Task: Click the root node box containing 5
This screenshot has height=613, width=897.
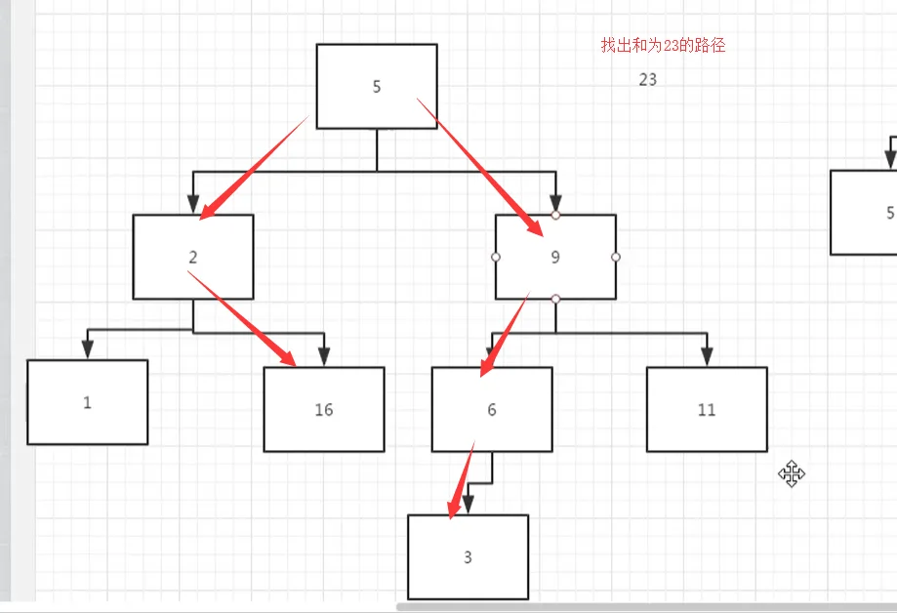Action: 377,87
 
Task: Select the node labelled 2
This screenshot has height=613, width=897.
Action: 193,257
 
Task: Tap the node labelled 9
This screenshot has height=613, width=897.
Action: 555,257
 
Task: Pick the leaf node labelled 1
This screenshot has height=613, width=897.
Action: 88,402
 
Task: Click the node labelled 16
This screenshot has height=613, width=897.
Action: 324,409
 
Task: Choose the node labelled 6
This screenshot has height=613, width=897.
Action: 492,409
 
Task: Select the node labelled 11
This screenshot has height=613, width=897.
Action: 707,409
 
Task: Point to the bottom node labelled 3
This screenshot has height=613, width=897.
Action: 468,557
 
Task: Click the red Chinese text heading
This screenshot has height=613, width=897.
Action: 663,45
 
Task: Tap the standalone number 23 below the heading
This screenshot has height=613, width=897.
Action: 647,80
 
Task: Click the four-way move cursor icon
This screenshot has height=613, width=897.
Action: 792,474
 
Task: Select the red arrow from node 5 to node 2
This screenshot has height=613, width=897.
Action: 254,168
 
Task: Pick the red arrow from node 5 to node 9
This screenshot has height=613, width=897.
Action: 480,167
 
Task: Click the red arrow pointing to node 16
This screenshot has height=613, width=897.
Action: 242,319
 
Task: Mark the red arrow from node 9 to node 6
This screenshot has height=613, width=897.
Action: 505,334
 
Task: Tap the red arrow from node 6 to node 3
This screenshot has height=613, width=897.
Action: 461,480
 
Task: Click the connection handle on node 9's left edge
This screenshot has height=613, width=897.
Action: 496,257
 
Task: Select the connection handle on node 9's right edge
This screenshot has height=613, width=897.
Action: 616,257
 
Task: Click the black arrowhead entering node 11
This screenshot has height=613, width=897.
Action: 707,356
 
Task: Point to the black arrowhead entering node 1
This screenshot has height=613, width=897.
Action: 88,349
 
